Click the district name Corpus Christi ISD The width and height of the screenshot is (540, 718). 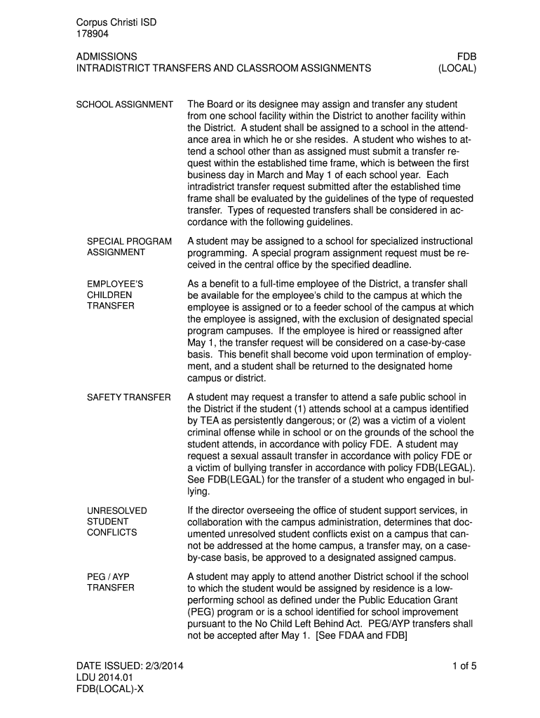pyautogui.click(x=116, y=22)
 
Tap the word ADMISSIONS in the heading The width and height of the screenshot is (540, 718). pyautogui.click(x=107, y=56)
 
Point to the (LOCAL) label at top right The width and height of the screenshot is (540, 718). pyautogui.click(x=457, y=69)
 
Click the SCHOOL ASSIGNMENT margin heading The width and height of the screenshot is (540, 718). pyautogui.click(x=124, y=105)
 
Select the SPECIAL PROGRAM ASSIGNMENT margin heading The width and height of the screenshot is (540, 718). pyautogui.click(x=129, y=247)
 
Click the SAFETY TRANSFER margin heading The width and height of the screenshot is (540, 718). pyautogui.click(x=128, y=398)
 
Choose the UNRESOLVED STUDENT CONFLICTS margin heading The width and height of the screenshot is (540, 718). pyautogui.click(x=117, y=522)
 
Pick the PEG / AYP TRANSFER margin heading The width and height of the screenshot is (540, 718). pyautogui.click(x=110, y=582)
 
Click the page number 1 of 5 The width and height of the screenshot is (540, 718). pyautogui.click(x=464, y=666)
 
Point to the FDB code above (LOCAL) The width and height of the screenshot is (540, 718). pyautogui.click(x=467, y=56)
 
